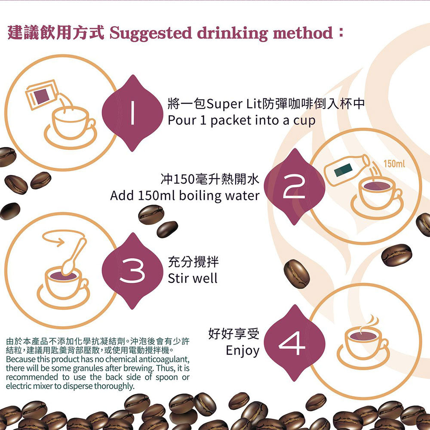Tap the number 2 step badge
(x=295, y=187)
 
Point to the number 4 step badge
(x=295, y=343)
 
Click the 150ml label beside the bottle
(x=394, y=164)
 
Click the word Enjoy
(x=243, y=350)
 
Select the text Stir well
(x=193, y=278)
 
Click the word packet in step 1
(x=232, y=121)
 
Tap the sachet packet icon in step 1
(x=42, y=94)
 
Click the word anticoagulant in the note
(x=166, y=359)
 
